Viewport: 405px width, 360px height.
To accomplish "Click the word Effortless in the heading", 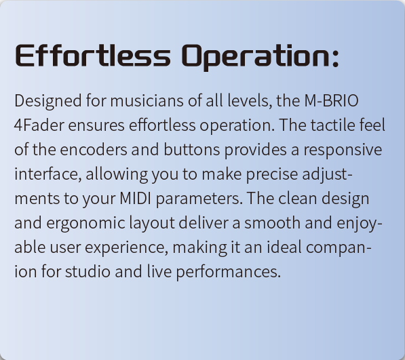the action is click(93, 56).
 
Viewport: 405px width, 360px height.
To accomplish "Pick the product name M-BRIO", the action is click(331, 100).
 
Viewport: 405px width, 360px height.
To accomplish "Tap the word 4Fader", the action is click(39, 125).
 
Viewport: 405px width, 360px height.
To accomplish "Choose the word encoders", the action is click(94, 149).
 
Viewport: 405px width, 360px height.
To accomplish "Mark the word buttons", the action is click(192, 149).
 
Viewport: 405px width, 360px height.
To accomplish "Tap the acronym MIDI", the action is click(136, 199).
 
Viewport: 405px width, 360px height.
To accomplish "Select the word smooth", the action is click(272, 222).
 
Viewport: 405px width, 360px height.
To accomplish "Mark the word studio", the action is click(88, 271).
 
